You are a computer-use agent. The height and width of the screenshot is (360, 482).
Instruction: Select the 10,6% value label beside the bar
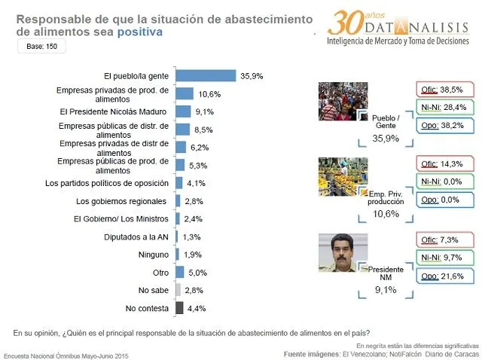click(x=209, y=94)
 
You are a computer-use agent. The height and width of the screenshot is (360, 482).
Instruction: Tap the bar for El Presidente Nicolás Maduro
click(x=183, y=111)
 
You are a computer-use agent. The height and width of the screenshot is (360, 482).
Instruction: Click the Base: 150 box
click(x=41, y=47)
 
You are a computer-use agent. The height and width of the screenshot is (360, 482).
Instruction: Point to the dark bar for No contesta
click(x=179, y=307)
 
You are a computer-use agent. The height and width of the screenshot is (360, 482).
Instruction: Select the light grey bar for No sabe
click(x=178, y=290)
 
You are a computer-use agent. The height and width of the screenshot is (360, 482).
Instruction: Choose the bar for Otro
click(x=179, y=272)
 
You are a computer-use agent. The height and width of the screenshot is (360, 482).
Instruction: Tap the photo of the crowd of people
click(x=343, y=100)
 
